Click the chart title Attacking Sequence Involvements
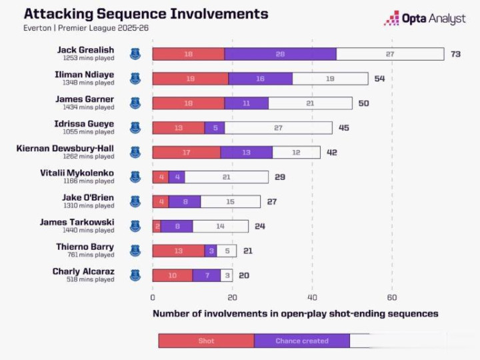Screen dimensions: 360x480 click(x=146, y=14)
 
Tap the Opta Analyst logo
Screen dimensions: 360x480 click(x=425, y=19)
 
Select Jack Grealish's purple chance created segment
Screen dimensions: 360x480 click(x=280, y=54)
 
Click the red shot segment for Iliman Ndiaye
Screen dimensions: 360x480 click(x=191, y=79)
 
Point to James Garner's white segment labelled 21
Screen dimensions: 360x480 click(x=310, y=103)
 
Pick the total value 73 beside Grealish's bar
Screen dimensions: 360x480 click(x=456, y=54)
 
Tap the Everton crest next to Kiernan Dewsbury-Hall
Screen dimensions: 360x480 click(x=135, y=152)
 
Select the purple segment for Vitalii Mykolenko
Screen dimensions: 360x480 click(x=177, y=177)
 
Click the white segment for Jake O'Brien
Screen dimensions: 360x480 click(x=230, y=201)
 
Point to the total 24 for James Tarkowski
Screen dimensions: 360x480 click(x=260, y=226)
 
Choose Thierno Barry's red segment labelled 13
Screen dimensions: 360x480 click(x=178, y=251)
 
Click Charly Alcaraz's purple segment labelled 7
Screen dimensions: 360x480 click(x=206, y=275)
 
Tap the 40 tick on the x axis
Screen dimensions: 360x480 click(x=312, y=297)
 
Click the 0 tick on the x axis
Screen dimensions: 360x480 click(x=153, y=297)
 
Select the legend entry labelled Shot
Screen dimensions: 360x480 click(x=206, y=341)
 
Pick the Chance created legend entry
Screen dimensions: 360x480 click(x=302, y=341)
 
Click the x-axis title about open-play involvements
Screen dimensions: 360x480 click(x=295, y=313)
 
